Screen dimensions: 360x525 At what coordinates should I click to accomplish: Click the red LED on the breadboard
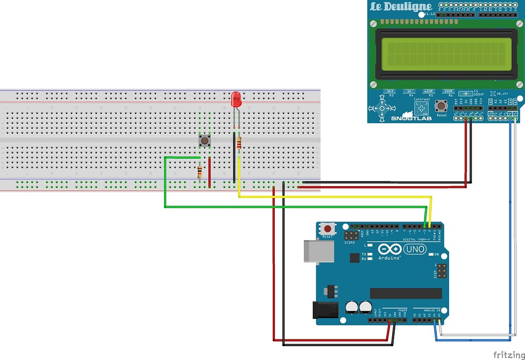tap(236, 98)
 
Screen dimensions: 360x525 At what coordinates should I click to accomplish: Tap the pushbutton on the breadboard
tap(205, 140)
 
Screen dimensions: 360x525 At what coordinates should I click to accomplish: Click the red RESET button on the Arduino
tap(327, 228)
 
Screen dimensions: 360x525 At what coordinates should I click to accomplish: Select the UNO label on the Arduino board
tap(414, 249)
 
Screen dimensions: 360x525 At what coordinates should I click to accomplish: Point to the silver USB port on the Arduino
tap(314, 251)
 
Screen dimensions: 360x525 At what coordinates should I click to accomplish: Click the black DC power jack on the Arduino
tap(325, 309)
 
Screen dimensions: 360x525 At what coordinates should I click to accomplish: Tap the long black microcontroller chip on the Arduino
tap(406, 293)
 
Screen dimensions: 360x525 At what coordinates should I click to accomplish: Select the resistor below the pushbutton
tap(199, 172)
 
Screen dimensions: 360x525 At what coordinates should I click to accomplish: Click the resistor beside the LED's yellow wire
tap(239, 144)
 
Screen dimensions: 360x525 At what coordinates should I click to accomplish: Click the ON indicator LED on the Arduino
tap(431, 254)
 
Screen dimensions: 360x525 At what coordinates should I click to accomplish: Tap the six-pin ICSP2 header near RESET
tap(351, 236)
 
